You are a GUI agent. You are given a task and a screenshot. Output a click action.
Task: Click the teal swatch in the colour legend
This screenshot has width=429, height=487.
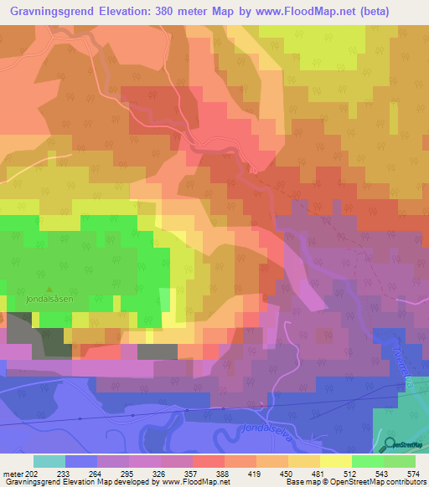click(x=49, y=461)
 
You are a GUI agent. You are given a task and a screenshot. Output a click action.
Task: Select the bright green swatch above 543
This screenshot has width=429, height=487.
click(x=367, y=461)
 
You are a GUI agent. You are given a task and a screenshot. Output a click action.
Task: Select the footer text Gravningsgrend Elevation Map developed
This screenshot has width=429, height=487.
click(x=75, y=482)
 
